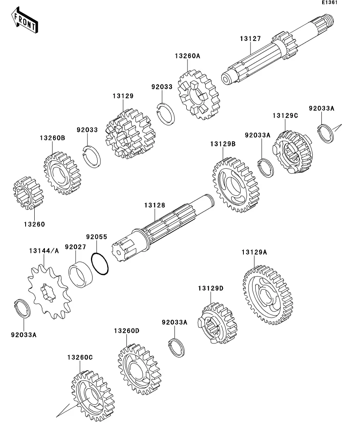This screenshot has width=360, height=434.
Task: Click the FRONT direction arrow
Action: point(24,22)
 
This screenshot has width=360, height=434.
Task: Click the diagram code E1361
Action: point(329,3)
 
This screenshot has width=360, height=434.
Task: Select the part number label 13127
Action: point(251,39)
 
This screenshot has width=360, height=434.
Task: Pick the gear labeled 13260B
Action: point(62,173)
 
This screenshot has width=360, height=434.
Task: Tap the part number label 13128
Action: point(154,205)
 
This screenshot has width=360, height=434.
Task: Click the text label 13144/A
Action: point(44,251)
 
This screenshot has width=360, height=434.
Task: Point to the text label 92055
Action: point(96,237)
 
